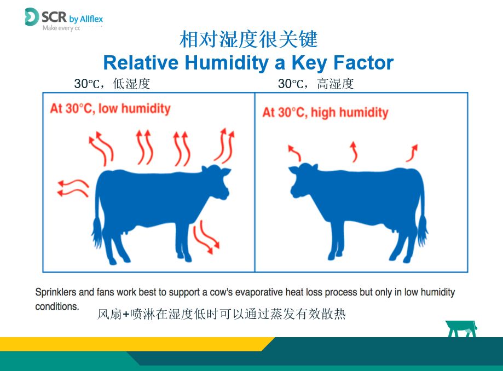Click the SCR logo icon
32,16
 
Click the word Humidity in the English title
227,63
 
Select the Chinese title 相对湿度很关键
248,39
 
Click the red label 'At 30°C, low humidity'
110,109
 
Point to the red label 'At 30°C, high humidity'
325,113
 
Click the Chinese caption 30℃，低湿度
112,84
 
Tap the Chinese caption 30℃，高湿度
316,84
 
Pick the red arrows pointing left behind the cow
73,188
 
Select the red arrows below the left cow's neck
206,237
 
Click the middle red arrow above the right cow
354,152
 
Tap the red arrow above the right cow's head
294,153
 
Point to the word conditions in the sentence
57,306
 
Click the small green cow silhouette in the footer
461,329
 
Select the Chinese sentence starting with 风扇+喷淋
221,314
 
